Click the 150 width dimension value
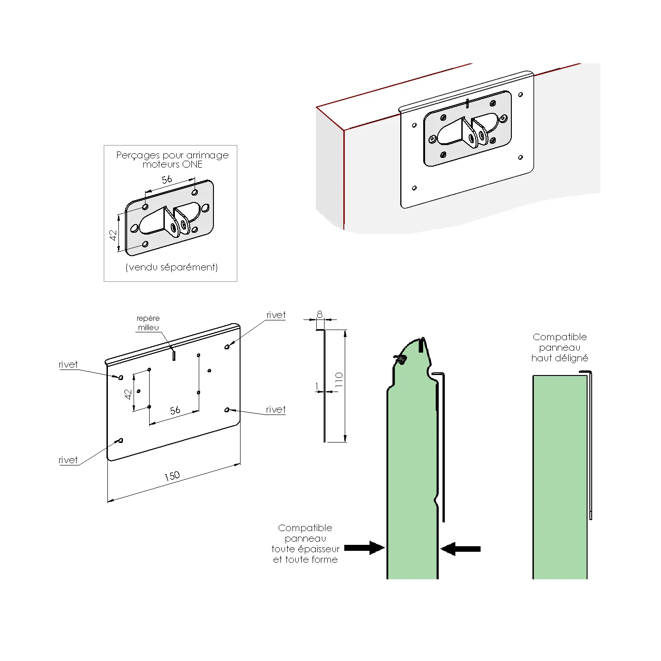click(x=172, y=476)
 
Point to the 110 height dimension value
click(x=339, y=380)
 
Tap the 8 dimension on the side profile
click(x=319, y=314)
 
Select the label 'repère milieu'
click(x=148, y=323)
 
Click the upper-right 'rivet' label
click(x=276, y=315)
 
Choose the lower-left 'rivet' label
click(x=68, y=460)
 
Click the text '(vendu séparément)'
click(x=172, y=267)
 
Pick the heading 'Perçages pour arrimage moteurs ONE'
click(x=173, y=159)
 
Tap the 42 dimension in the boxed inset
click(x=113, y=235)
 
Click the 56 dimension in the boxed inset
click(x=167, y=179)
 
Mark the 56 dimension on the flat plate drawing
click(x=175, y=410)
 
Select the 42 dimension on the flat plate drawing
click(x=128, y=394)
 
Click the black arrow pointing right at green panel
click(x=364, y=548)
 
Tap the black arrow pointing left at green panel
click(x=460, y=549)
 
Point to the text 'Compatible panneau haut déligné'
click(x=560, y=347)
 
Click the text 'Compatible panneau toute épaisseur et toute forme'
click(x=305, y=543)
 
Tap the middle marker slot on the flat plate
click(x=174, y=355)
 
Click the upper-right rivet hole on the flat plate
click(x=227, y=347)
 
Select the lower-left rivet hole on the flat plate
click(x=121, y=441)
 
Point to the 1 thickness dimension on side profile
click(x=317, y=387)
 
